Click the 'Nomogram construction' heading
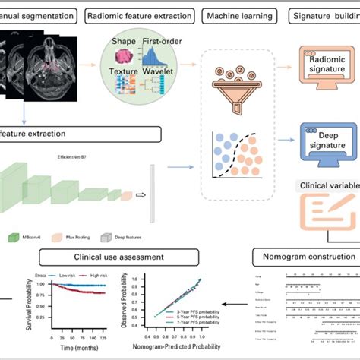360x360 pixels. point(311,257)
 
